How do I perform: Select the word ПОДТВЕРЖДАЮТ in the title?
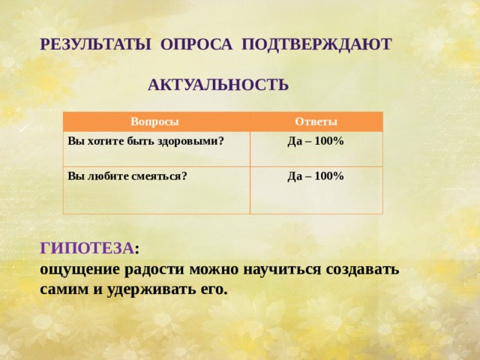316,44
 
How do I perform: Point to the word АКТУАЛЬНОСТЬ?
218,85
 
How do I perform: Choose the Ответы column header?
316,122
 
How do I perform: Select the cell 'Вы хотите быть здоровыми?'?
146,140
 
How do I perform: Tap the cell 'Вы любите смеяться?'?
127,176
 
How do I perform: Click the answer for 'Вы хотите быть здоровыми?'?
315,141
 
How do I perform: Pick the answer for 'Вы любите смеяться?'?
315,176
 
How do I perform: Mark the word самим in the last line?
62,288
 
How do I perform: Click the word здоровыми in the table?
196,140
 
